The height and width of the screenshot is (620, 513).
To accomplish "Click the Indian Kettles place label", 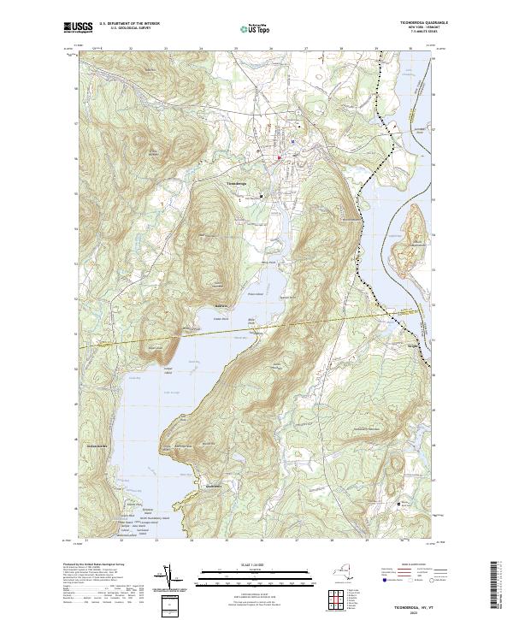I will (x=91, y=446).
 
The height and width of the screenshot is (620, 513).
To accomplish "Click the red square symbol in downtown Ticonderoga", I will (x=279, y=157).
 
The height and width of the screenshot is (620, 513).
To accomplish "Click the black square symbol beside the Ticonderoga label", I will (x=262, y=197).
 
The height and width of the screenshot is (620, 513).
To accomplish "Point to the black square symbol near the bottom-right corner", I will (x=398, y=505).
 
